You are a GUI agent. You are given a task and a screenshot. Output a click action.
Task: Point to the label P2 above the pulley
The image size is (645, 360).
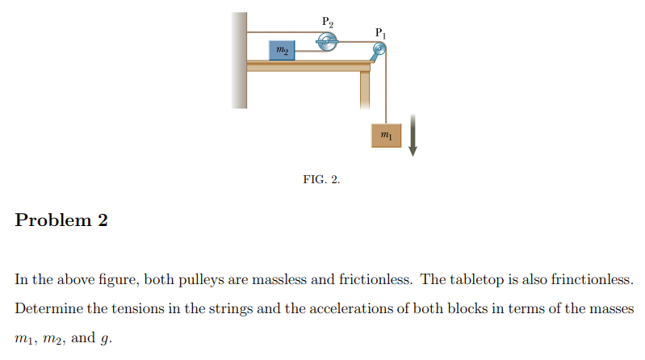(x=327, y=22)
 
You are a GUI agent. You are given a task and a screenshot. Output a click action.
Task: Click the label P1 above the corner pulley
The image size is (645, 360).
(x=381, y=32)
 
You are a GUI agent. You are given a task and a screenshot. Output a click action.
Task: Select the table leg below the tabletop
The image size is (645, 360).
(x=365, y=90)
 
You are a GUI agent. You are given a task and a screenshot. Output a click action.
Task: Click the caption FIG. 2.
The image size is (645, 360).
(x=321, y=179)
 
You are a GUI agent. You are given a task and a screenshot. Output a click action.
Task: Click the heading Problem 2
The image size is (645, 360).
(x=61, y=220)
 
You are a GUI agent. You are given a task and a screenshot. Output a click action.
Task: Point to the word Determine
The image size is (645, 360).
(x=47, y=309)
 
